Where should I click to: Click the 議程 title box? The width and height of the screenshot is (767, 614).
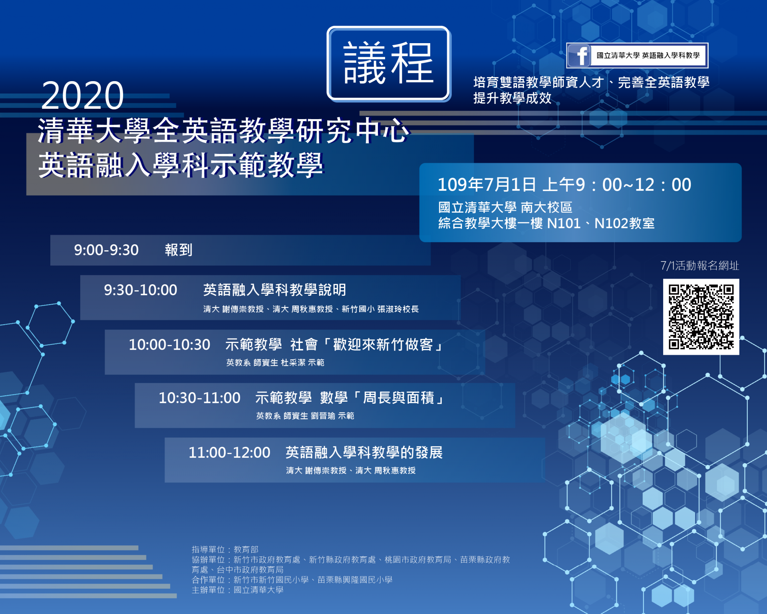coord(389,64)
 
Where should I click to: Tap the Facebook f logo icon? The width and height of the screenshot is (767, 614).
coord(579,55)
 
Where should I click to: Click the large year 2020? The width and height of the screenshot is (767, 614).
coord(83,96)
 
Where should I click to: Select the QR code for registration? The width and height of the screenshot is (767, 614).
coord(701,317)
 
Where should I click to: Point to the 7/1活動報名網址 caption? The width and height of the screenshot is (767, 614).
coord(699,265)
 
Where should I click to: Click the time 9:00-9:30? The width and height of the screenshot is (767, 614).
coord(106,250)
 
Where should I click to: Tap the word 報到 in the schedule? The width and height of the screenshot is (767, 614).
coord(179,250)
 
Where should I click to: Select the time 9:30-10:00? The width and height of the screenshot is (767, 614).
coord(141,290)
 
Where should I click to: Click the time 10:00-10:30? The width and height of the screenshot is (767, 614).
coord(169,345)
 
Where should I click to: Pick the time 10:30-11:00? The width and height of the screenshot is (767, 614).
coord(200,398)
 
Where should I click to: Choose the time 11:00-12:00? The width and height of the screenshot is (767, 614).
coord(230,453)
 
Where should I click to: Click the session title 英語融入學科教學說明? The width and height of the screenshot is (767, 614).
coord(275,290)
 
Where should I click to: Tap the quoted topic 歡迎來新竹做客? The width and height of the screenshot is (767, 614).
coord(383,345)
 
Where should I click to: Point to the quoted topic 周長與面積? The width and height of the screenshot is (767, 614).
coord(399,398)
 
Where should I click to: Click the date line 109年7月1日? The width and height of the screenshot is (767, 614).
coord(487,185)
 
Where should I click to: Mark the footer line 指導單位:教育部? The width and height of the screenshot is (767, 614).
coord(225,550)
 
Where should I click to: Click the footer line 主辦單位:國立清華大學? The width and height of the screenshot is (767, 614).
coord(238,590)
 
